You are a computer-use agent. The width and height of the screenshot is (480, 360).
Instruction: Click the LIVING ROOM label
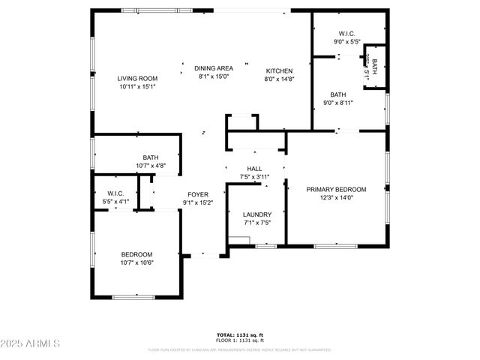(x=137, y=78)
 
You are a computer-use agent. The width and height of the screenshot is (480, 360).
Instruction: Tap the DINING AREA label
(x=214, y=68)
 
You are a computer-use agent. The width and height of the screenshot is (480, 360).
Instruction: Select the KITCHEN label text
(x=278, y=70)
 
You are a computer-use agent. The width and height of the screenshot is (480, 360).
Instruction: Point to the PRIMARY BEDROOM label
(x=336, y=189)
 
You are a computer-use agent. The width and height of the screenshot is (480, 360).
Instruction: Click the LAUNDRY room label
(x=256, y=214)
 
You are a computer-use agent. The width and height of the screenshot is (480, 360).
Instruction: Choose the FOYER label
(x=198, y=194)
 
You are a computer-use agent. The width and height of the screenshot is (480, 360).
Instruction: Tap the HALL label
(x=254, y=169)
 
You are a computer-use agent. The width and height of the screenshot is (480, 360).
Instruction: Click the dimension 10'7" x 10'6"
(x=136, y=262)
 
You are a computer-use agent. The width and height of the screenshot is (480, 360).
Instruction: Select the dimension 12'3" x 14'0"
(x=336, y=198)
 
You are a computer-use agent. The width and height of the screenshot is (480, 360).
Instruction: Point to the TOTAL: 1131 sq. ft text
(x=239, y=335)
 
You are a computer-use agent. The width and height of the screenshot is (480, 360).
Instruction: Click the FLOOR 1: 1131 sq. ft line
(x=239, y=340)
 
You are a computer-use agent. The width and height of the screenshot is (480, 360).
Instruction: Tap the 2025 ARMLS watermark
(x=31, y=343)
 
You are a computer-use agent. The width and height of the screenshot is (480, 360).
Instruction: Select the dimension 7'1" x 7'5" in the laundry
(x=256, y=223)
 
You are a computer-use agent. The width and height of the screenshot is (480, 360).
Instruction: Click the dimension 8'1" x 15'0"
(x=214, y=76)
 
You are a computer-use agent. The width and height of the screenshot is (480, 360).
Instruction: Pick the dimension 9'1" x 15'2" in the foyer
(x=198, y=202)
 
